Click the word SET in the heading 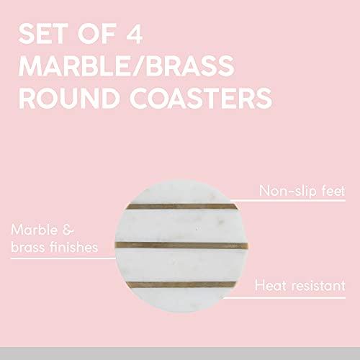coord(43,34)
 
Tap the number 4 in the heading coord(135,34)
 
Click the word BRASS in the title coord(189,66)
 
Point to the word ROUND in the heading coord(69,98)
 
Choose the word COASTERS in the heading coord(201,98)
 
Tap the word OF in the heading coord(96,34)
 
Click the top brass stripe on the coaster coord(182,207)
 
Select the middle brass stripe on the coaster coord(181,246)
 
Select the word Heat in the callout coord(271,286)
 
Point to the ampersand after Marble coord(68,230)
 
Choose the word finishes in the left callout coord(73,247)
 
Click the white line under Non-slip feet coord(288,200)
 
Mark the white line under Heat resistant coord(284,298)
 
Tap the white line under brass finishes coord(63,258)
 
